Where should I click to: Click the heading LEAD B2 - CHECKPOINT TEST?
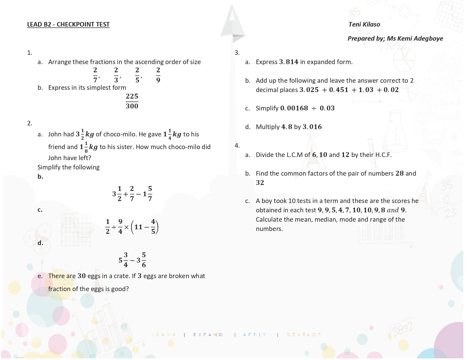tap(68, 25)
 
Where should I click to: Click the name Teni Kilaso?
tap(364, 25)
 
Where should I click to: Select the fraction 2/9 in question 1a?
tap(158, 75)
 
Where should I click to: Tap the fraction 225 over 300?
tap(132, 101)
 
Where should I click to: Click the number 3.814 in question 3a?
tap(288, 62)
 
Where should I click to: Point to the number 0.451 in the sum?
tap(339, 90)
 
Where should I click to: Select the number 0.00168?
tap(294, 108)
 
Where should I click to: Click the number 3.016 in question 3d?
tap(312, 127)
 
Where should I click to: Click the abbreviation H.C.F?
tap(383, 155)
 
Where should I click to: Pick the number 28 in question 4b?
tap(400, 173)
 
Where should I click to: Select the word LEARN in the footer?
tap(164, 335)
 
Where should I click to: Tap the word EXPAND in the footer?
tap(208, 335)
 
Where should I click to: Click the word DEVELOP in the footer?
tap(304, 335)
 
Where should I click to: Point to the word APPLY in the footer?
tap(255, 335)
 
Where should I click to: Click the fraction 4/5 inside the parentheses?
tap(153, 227)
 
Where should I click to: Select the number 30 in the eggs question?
tap(82, 276)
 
